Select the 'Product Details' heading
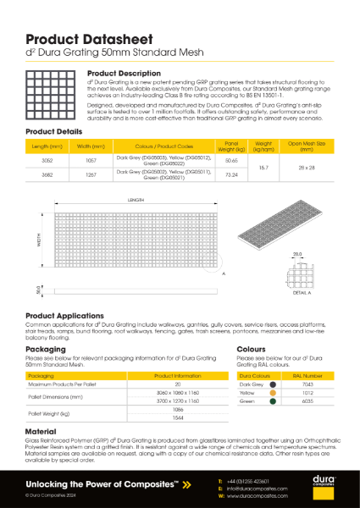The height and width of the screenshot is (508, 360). pyautogui.click(x=54, y=132)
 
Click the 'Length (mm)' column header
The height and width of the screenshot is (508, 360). pyautogui.click(x=46, y=146)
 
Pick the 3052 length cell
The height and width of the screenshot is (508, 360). pyautogui.click(x=46, y=159)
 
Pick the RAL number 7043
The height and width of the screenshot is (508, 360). pyautogui.click(x=308, y=384)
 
